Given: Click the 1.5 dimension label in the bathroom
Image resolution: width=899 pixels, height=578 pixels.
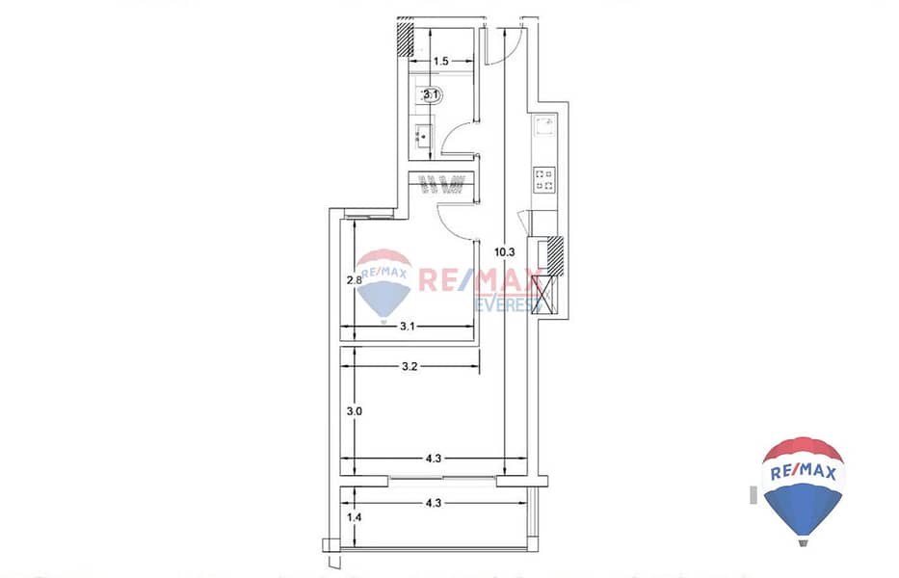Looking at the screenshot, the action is (x=440, y=61).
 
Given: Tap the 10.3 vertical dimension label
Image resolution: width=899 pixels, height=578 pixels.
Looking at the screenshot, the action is (x=505, y=251).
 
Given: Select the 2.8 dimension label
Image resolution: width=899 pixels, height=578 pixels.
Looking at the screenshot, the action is (x=354, y=280).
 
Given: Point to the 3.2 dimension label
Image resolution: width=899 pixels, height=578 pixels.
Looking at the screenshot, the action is (x=409, y=366).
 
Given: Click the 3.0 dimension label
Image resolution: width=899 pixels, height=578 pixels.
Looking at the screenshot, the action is (x=354, y=411).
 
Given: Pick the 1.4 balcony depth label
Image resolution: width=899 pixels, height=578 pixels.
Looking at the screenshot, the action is (x=354, y=517).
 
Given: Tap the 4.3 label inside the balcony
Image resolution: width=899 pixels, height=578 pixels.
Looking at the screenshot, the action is (x=434, y=504).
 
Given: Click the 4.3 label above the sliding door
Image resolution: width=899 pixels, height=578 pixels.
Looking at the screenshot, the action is (x=434, y=459).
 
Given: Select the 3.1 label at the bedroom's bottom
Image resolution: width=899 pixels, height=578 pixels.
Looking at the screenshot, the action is (x=407, y=327).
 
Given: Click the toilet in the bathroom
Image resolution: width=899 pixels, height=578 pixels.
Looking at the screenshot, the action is (x=431, y=95).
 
